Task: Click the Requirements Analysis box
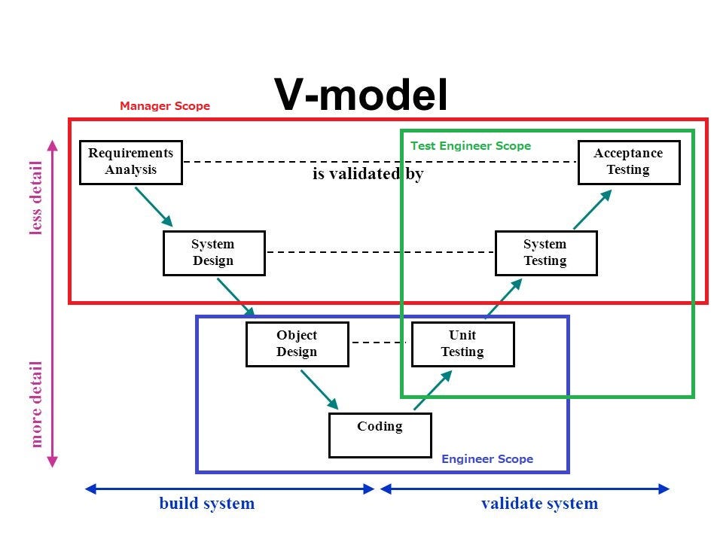click(x=131, y=163)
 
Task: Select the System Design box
click(x=214, y=253)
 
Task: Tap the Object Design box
click(x=297, y=344)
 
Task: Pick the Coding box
click(x=380, y=435)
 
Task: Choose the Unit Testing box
click(x=463, y=344)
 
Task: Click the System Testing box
click(x=546, y=253)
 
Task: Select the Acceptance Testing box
click(x=629, y=163)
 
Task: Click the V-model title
click(x=361, y=95)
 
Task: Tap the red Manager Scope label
click(x=165, y=106)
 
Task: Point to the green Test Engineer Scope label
click(x=471, y=145)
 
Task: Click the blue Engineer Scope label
click(x=487, y=459)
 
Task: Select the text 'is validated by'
click(x=368, y=174)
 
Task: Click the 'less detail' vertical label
click(x=35, y=198)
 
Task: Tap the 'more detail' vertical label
click(x=35, y=404)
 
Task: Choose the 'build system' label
click(x=206, y=503)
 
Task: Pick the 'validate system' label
click(x=539, y=503)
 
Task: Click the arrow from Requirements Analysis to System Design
click(x=154, y=207)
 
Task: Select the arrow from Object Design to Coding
click(x=319, y=389)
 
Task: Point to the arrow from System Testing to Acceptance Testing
click(x=593, y=209)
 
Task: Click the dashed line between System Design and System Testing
click(x=380, y=252)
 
